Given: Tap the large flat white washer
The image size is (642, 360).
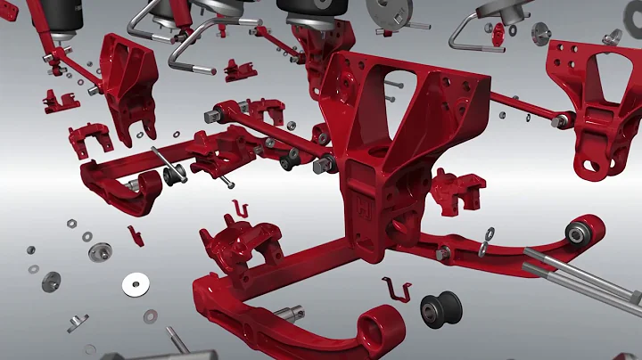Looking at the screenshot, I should tap(136, 285).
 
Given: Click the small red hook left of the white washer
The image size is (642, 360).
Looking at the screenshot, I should tap(134, 235).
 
